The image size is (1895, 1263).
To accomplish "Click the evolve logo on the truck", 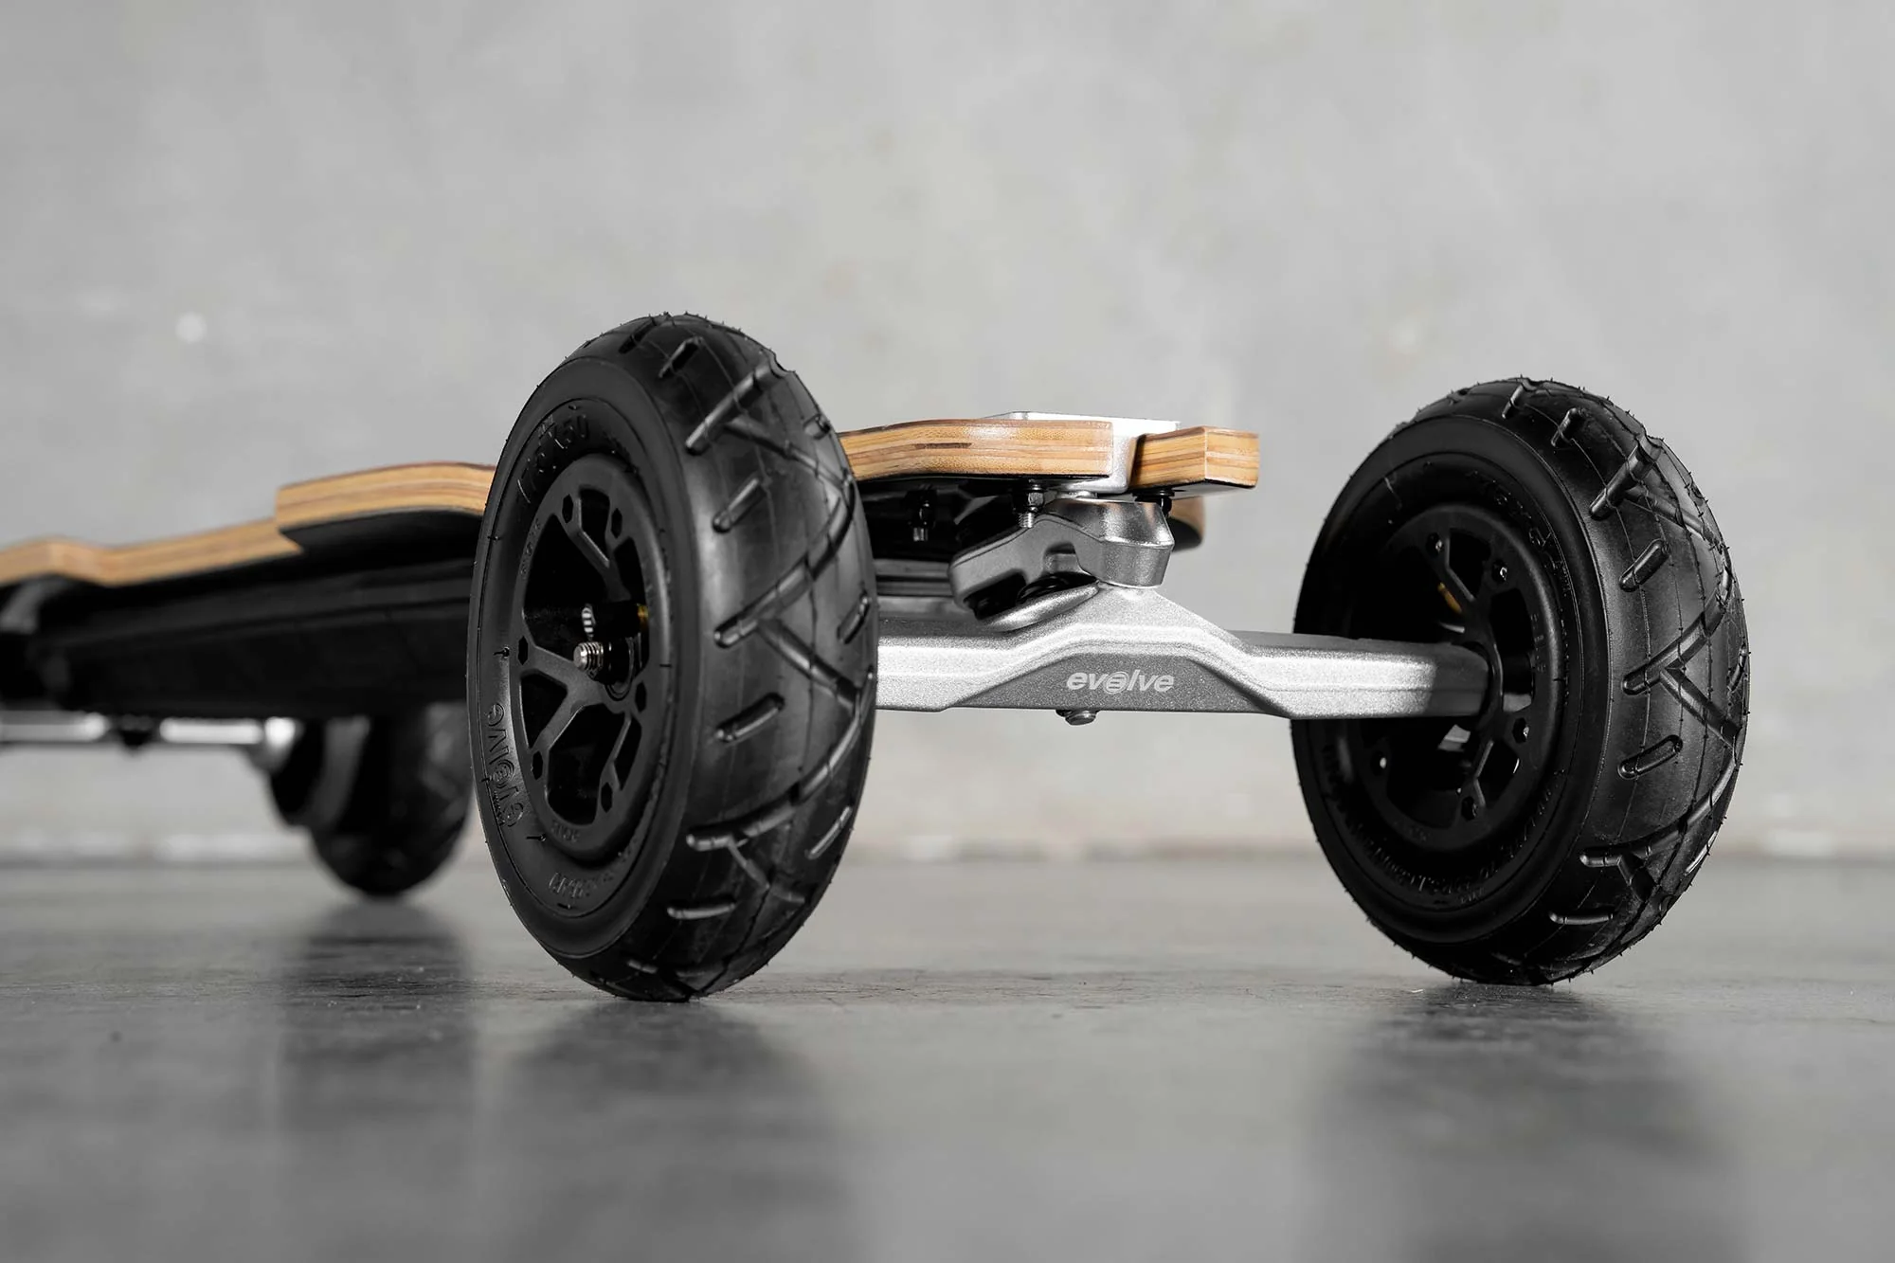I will point(1120,681).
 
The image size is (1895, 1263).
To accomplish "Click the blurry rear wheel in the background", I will point(379,805).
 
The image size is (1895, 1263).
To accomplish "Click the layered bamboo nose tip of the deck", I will point(1199,457).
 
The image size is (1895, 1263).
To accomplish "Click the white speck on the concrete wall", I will point(189,327).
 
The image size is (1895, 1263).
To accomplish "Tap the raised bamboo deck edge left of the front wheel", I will point(379,493).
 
